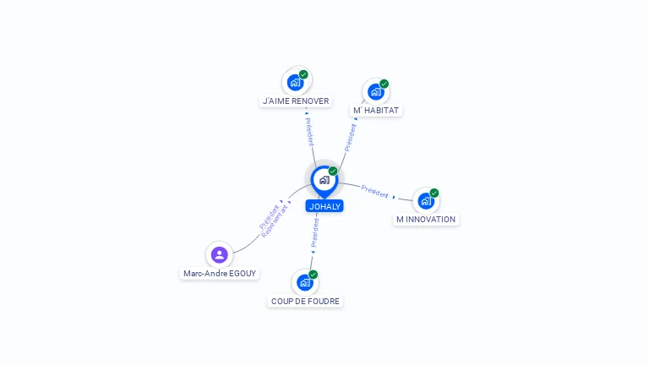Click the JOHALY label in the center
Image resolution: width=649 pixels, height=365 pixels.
pyautogui.click(x=324, y=206)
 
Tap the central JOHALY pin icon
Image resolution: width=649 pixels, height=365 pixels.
pyautogui.click(x=324, y=181)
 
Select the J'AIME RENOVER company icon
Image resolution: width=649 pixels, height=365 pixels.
pyautogui.click(x=295, y=82)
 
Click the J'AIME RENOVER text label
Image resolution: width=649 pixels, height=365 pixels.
pyautogui.click(x=296, y=101)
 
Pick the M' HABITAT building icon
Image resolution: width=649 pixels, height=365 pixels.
pyautogui.click(x=376, y=92)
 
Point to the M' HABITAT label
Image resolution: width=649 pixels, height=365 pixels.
pyautogui.click(x=376, y=111)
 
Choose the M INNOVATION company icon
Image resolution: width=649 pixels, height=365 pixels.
pyautogui.click(x=426, y=201)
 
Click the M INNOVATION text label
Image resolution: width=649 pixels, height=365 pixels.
pyautogui.click(x=426, y=220)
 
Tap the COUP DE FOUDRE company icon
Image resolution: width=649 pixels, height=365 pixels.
pyautogui.click(x=305, y=283)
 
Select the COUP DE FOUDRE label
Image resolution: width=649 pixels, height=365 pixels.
pyautogui.click(x=305, y=302)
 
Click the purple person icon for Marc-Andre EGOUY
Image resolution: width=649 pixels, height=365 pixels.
pyautogui.click(x=220, y=254)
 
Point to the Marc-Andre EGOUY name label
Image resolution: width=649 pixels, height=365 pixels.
pyautogui.click(x=220, y=274)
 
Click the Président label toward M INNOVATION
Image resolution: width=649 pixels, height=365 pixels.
pyautogui.click(x=374, y=191)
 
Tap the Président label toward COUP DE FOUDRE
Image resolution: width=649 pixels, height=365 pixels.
pyautogui.click(x=315, y=232)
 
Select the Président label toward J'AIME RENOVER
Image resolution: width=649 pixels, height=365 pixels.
pyautogui.click(x=310, y=132)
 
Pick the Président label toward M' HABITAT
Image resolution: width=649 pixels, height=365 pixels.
pyautogui.click(x=350, y=138)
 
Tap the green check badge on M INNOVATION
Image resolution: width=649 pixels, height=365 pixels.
pyautogui.click(x=434, y=193)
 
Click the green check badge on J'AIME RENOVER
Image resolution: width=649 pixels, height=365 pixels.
pyautogui.click(x=303, y=74)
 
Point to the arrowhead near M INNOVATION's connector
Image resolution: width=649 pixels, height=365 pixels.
pyautogui.click(x=394, y=197)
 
